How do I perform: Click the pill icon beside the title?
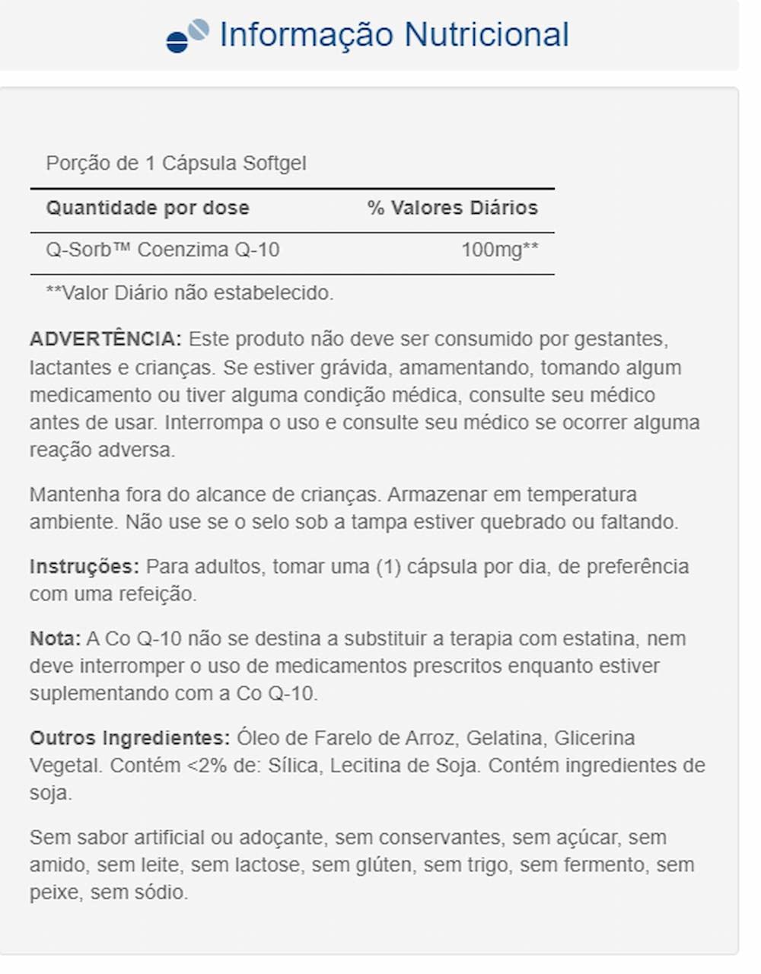click(x=187, y=36)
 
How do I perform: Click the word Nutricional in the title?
click(x=486, y=35)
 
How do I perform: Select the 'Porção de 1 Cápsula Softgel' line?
click(x=176, y=164)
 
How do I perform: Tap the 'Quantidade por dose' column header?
click(x=148, y=208)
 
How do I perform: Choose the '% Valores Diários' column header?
click(x=452, y=208)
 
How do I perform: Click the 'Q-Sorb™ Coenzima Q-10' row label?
click(x=163, y=250)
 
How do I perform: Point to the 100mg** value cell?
click(x=499, y=250)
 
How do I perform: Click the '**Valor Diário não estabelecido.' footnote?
click(x=189, y=293)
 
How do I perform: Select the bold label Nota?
click(x=55, y=638)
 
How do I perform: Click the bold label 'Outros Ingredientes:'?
click(x=129, y=738)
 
